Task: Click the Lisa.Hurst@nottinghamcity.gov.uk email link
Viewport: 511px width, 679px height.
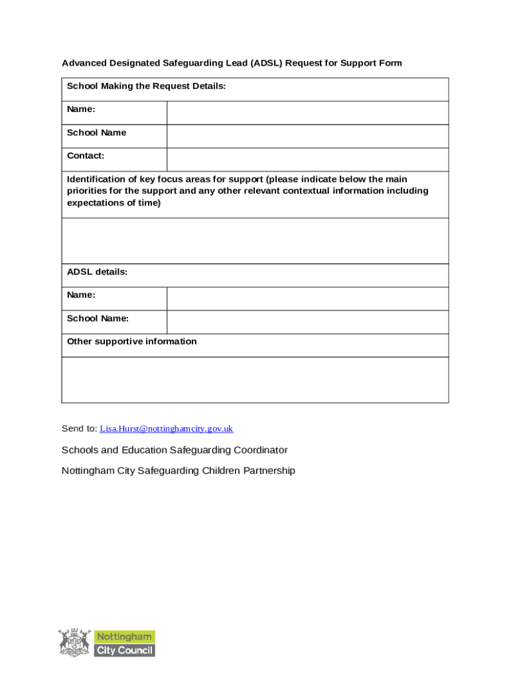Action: pos(167,429)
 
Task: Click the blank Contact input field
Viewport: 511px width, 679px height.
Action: pos(307,159)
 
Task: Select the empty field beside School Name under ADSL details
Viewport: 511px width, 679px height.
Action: pos(307,322)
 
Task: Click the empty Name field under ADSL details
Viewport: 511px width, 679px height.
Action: pos(307,298)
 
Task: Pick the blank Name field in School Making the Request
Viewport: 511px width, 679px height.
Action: pos(307,113)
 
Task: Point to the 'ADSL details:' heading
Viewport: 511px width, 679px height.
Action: pos(97,272)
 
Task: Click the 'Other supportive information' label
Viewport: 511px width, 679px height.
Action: pos(131,341)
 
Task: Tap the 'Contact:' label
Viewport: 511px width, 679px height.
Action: pos(86,156)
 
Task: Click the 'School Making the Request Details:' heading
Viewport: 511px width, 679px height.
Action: pos(146,86)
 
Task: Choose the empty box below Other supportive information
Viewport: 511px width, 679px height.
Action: pos(255,379)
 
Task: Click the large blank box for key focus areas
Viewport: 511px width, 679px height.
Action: pos(255,241)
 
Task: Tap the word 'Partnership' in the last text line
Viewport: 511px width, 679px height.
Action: pos(267,471)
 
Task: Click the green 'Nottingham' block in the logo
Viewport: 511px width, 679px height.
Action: pos(125,637)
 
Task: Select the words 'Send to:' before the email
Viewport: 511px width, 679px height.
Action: pos(79,429)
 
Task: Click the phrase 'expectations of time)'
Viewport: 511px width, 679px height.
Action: pos(113,203)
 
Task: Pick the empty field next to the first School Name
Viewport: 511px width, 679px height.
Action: pos(307,136)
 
